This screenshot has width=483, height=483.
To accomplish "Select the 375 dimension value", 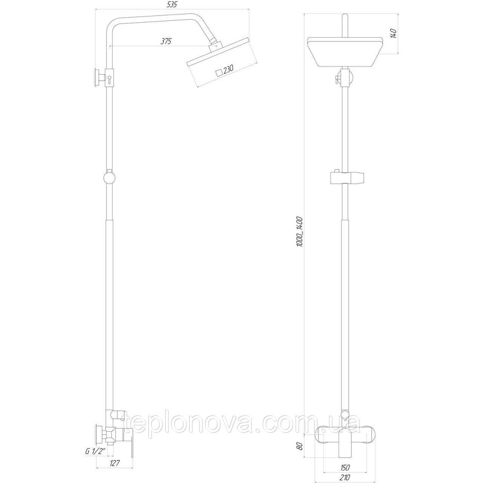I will tap(166, 42).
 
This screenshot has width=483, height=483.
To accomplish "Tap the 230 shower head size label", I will tap(228, 70).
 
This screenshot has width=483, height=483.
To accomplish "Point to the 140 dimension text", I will tap(393, 34).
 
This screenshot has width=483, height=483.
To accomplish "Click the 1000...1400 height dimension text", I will tap(299, 231).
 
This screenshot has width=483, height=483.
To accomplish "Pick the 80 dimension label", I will tap(299, 446).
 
